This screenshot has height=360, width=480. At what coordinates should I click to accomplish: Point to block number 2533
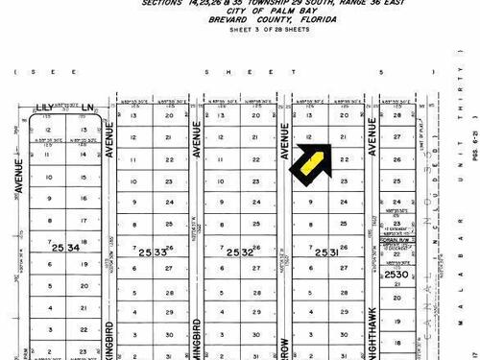(153, 252)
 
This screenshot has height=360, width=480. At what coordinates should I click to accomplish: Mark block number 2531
(327, 252)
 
